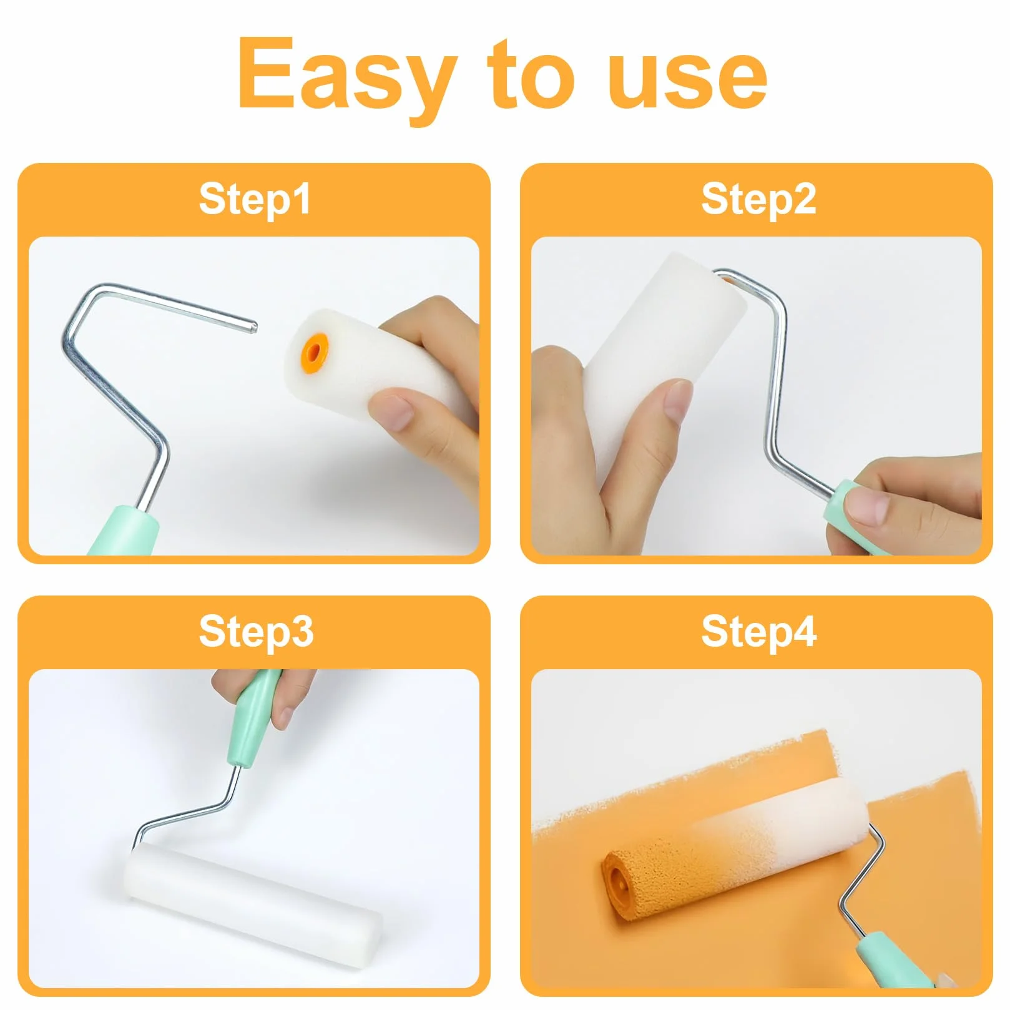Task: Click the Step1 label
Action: pyautogui.click(x=255, y=199)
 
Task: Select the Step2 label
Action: pyautogui.click(x=758, y=199)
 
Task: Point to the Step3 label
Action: pyautogui.click(x=256, y=632)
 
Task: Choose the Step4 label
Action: pyautogui.click(x=758, y=632)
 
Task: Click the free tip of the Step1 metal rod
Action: pyautogui.click(x=253, y=325)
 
